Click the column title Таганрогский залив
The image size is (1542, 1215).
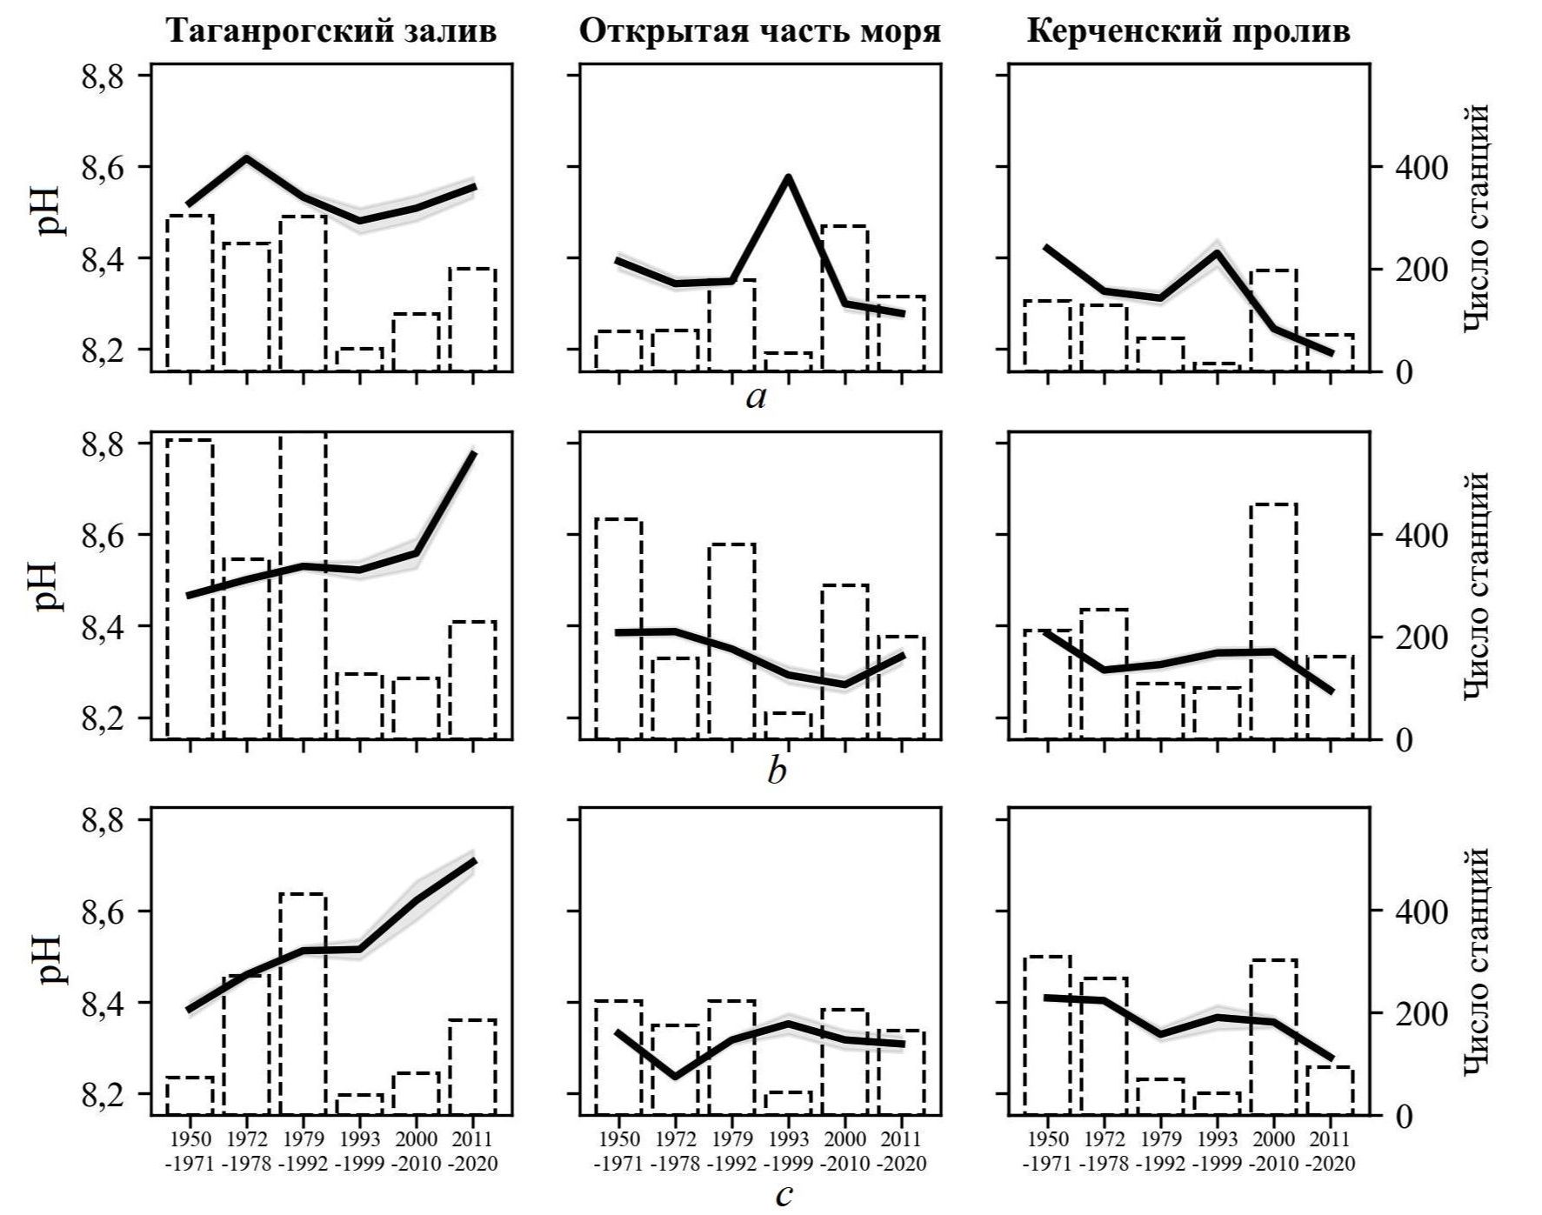[331, 31]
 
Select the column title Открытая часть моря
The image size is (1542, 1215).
[760, 31]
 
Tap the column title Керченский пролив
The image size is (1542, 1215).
[1188, 31]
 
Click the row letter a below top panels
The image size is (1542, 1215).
[757, 398]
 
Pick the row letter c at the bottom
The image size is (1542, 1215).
[783, 1195]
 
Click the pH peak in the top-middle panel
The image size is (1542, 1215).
[788, 177]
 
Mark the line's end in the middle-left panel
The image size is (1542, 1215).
[474, 453]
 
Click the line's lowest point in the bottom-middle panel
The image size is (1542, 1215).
[676, 1077]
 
